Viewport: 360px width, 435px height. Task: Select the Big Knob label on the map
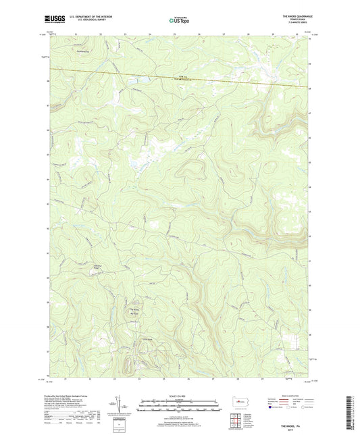pos(134,313)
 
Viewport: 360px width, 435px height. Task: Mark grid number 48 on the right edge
pos(310,88)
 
